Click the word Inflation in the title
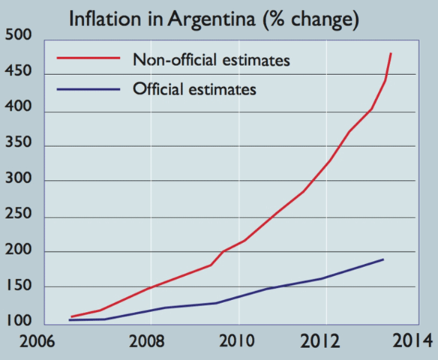click(101, 18)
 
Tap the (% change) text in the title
click(309, 18)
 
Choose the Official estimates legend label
click(194, 89)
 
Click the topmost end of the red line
click(391, 54)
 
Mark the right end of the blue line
click(383, 259)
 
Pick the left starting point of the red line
click(71, 316)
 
